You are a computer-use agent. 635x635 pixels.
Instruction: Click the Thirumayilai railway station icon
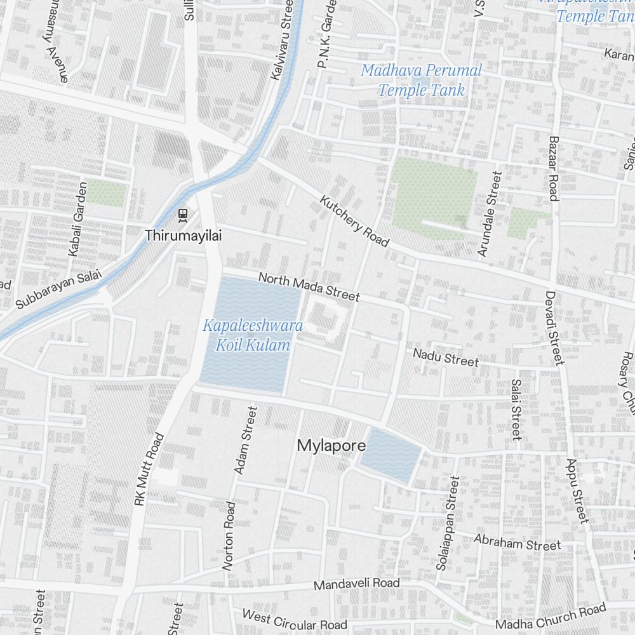click(x=183, y=214)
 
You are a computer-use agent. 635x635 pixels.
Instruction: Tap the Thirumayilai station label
click(x=184, y=236)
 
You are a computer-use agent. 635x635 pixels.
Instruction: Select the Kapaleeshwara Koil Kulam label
click(x=253, y=335)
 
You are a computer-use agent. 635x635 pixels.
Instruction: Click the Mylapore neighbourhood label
click(x=331, y=446)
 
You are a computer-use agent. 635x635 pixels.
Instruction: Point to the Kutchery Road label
click(x=354, y=221)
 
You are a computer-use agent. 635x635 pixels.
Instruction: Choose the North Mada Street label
click(x=309, y=287)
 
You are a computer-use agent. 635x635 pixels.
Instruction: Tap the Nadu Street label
click(x=446, y=357)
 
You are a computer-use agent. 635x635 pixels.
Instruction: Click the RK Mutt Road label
click(x=149, y=469)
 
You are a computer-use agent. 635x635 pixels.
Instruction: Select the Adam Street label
click(x=246, y=440)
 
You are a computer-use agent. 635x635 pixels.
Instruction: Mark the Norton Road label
click(x=229, y=535)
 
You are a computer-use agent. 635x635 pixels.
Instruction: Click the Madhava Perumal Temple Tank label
click(x=422, y=80)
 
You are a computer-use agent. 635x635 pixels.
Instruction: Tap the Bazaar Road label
click(x=553, y=169)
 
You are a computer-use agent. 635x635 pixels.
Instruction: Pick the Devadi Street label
click(x=554, y=328)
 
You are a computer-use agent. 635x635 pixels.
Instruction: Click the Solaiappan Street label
click(x=446, y=523)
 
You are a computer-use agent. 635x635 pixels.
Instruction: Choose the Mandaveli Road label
click(x=357, y=583)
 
